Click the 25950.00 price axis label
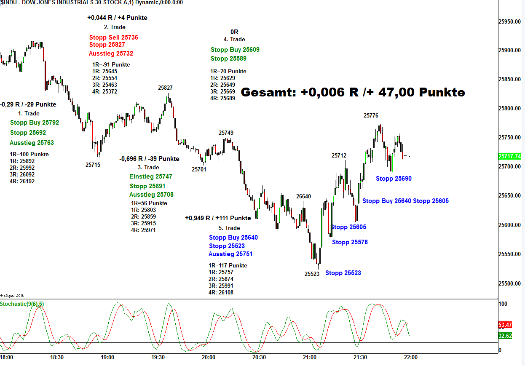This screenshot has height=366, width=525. pos(509,21)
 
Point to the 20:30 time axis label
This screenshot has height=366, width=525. pos(259,357)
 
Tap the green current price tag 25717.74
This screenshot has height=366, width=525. pos(509,156)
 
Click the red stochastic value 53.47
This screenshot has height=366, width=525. pos(505,325)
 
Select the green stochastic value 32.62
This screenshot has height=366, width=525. pos(505,336)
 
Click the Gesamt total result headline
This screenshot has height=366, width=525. pos(353,92)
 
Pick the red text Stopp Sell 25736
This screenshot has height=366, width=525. pos(113,37)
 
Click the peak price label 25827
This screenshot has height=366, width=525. pos(165,88)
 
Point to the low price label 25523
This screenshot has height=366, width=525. pos(312,273)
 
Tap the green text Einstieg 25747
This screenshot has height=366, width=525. pos(151,176)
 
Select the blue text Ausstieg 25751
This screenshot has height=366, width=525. pos(230,254)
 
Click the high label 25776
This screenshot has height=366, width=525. pos(371,115)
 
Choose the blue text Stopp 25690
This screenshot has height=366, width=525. pos(394,179)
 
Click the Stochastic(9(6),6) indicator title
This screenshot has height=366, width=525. pos(22,304)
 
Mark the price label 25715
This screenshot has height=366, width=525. pos(93,165)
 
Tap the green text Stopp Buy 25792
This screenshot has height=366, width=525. pos(35,123)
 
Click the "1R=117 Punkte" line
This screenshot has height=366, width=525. pos(228,265)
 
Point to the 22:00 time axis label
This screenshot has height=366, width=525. pos(410,357)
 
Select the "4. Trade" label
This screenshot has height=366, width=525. pos(234,39)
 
